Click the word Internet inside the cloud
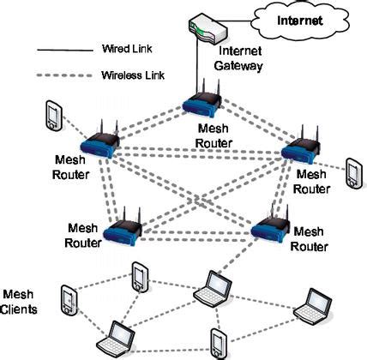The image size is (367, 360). (299, 21)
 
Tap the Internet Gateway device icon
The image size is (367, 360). (208, 28)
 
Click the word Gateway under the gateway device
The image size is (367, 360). (238, 66)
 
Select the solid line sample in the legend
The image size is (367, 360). (65, 51)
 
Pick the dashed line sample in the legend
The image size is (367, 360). (64, 75)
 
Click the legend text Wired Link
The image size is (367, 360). (127, 49)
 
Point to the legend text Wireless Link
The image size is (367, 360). (133, 75)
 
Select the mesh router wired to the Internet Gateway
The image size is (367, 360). (202, 99)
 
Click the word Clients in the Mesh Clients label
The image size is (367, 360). (19, 309)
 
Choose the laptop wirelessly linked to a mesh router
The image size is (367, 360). (213, 289)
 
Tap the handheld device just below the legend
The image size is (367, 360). (54, 116)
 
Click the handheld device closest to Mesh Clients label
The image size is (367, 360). (69, 300)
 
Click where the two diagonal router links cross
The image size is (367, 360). (196, 200)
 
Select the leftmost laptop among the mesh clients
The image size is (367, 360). (116, 338)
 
